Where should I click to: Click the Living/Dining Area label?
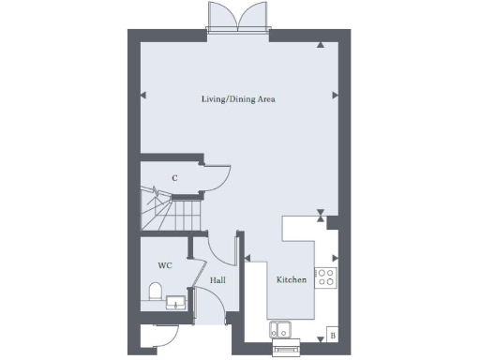click(x=238, y=98)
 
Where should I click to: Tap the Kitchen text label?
click(x=291, y=280)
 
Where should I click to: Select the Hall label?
click(x=217, y=280)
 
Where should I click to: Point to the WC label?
click(x=165, y=265)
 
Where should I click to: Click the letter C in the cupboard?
click(x=174, y=177)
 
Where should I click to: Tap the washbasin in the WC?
click(x=175, y=302)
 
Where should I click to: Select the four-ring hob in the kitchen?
click(x=325, y=277)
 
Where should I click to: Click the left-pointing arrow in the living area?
click(x=143, y=95)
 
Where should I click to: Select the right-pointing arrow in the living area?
click(x=335, y=95)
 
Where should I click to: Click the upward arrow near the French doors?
click(x=322, y=44)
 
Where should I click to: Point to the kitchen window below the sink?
click(x=285, y=348)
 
